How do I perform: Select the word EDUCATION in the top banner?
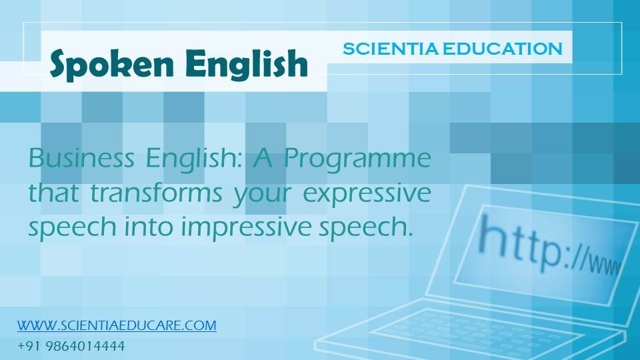[503, 49]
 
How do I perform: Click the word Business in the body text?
[81, 157]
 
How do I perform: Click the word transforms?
[156, 193]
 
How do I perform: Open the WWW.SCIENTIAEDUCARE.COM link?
[117, 326]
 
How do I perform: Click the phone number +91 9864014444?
[71, 347]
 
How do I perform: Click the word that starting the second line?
[53, 193]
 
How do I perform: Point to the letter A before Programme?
[263, 158]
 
